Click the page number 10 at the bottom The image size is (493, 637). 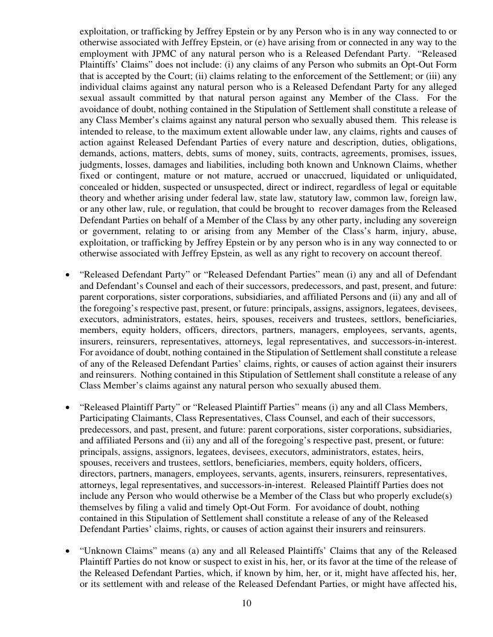pos(246,603)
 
